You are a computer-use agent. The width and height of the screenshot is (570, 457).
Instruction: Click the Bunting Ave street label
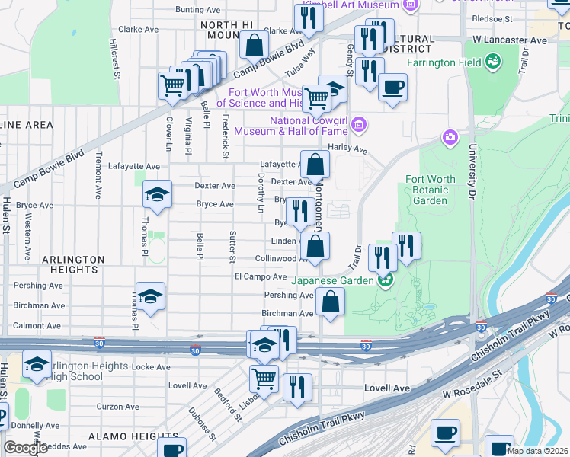point(198,10)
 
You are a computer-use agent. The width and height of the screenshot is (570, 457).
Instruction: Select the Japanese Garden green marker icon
point(386,280)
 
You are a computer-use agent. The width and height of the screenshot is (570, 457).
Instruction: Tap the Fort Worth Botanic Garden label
point(431,190)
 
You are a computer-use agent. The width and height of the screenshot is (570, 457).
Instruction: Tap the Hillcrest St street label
point(116,59)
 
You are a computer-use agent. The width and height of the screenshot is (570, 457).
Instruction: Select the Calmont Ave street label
point(37,325)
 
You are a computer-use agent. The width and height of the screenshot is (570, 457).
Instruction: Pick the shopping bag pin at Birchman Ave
point(330,302)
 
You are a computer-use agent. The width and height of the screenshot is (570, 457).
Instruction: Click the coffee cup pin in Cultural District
point(392,87)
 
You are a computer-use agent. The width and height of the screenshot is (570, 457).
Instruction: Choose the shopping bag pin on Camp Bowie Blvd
point(254,44)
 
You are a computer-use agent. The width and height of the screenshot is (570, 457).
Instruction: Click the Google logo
point(25,448)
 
